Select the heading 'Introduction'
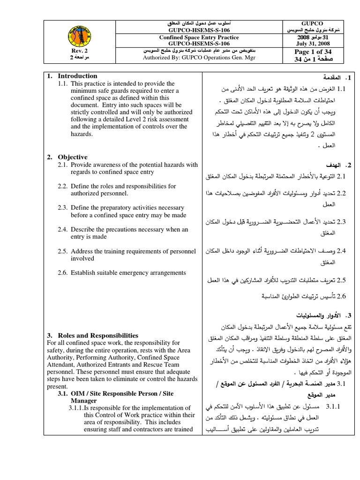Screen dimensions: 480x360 (77, 76)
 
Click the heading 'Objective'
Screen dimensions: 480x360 (73, 157)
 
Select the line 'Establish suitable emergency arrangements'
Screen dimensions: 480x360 (128, 272)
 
